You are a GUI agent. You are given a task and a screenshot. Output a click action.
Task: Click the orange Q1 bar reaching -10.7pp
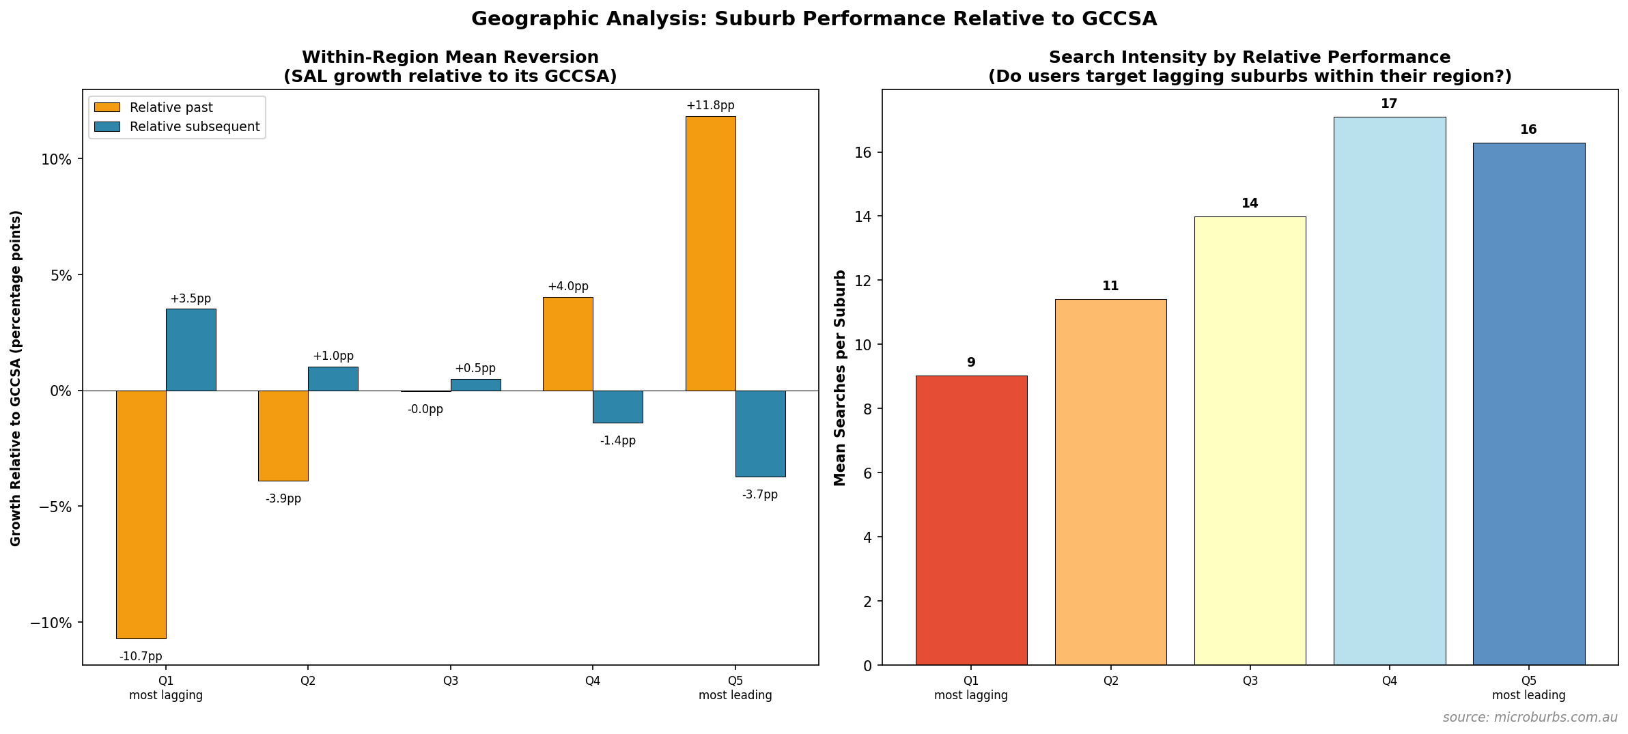coord(141,514)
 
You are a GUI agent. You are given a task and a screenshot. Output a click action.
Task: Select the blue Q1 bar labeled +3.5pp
coord(191,350)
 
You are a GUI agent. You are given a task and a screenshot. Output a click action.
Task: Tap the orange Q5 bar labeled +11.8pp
coord(710,253)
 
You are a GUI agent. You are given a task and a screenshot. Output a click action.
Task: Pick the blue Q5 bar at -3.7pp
coord(760,434)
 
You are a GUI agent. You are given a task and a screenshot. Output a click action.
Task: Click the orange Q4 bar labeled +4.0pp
coord(567,344)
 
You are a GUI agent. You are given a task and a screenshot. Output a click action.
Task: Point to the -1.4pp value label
coord(617,441)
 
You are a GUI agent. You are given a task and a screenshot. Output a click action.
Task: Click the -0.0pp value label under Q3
coord(425,410)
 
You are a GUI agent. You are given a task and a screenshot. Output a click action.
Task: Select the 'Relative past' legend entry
coord(171,108)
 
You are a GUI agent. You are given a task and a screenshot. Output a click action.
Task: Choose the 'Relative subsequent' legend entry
coord(194,127)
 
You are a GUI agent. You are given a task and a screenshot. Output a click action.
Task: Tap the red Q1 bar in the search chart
coord(971,520)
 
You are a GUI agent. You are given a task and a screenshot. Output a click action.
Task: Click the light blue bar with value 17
coord(1389,391)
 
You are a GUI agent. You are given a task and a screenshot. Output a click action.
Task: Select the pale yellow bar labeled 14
coord(1250,440)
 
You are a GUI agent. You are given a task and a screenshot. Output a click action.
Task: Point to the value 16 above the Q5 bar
coord(1528,130)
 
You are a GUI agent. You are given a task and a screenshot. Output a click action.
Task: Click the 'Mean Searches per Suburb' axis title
coord(840,378)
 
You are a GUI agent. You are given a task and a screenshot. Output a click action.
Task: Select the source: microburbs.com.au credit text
coord(1530,718)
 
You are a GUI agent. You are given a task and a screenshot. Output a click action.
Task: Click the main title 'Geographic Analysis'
coord(813,19)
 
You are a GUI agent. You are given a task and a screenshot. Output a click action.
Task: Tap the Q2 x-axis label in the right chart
coord(1110,681)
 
